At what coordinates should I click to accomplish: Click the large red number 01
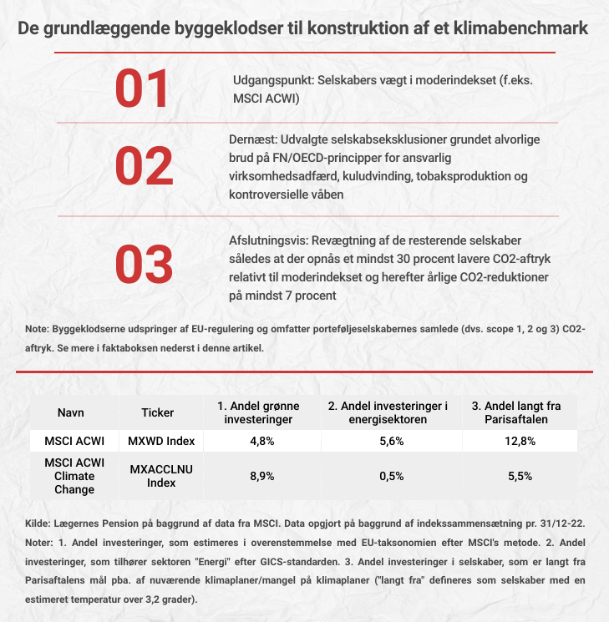pyautogui.click(x=142, y=90)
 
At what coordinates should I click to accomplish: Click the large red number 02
pyautogui.click(x=143, y=167)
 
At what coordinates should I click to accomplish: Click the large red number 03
pyautogui.click(x=143, y=265)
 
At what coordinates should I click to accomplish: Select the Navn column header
pyautogui.click(x=71, y=412)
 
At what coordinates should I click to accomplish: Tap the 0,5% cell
pyautogui.click(x=390, y=476)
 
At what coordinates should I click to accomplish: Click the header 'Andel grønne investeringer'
pyautogui.click(x=258, y=412)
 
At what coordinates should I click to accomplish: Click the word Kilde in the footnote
pyautogui.click(x=40, y=523)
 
